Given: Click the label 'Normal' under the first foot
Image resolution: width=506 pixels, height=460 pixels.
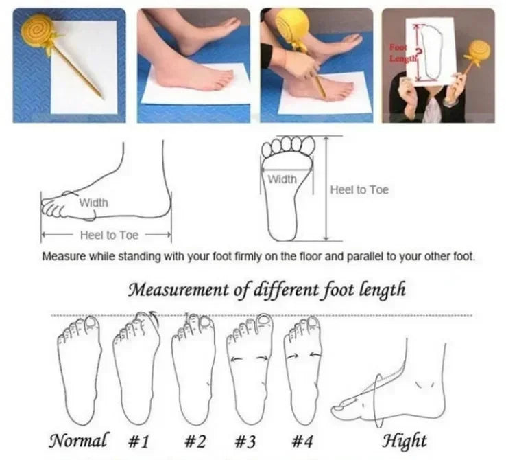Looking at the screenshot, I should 78,439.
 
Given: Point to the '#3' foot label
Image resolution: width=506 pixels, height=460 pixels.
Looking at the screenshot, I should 246,439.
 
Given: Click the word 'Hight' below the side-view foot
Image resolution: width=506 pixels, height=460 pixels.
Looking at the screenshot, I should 404,439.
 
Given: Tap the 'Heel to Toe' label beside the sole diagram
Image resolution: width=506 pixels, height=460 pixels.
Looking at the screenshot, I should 359,189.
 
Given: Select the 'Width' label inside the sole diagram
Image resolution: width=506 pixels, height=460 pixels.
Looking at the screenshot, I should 282,179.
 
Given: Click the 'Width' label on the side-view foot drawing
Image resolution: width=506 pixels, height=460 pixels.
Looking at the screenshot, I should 93,203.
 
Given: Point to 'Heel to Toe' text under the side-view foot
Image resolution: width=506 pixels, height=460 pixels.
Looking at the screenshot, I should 109,235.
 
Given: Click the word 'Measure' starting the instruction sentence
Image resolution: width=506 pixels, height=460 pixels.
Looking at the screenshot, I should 64,257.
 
